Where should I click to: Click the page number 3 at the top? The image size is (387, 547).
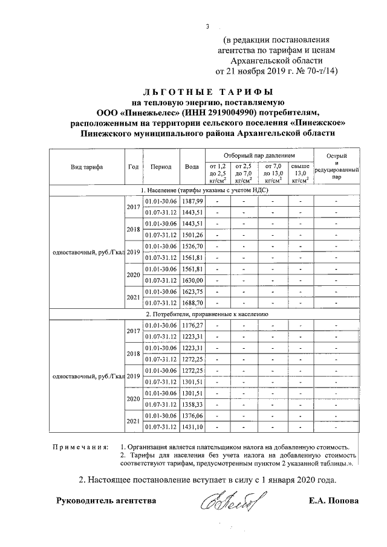pyautogui.click(x=207, y=26)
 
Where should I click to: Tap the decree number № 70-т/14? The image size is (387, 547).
pyautogui.click(x=314, y=71)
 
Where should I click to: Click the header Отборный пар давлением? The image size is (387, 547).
pyautogui.click(x=261, y=155)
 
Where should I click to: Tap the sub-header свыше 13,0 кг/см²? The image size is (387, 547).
pyautogui.click(x=300, y=172)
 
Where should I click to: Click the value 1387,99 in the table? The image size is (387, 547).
pyautogui.click(x=193, y=201)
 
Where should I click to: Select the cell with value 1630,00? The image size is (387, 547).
pyautogui.click(x=193, y=280)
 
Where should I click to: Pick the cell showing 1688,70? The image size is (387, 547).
pyautogui.click(x=193, y=303)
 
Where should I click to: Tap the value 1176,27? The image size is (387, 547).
pyautogui.click(x=193, y=326)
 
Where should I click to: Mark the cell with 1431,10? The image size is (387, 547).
pyautogui.click(x=193, y=427)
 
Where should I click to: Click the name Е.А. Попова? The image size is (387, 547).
pyautogui.click(x=333, y=501)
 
